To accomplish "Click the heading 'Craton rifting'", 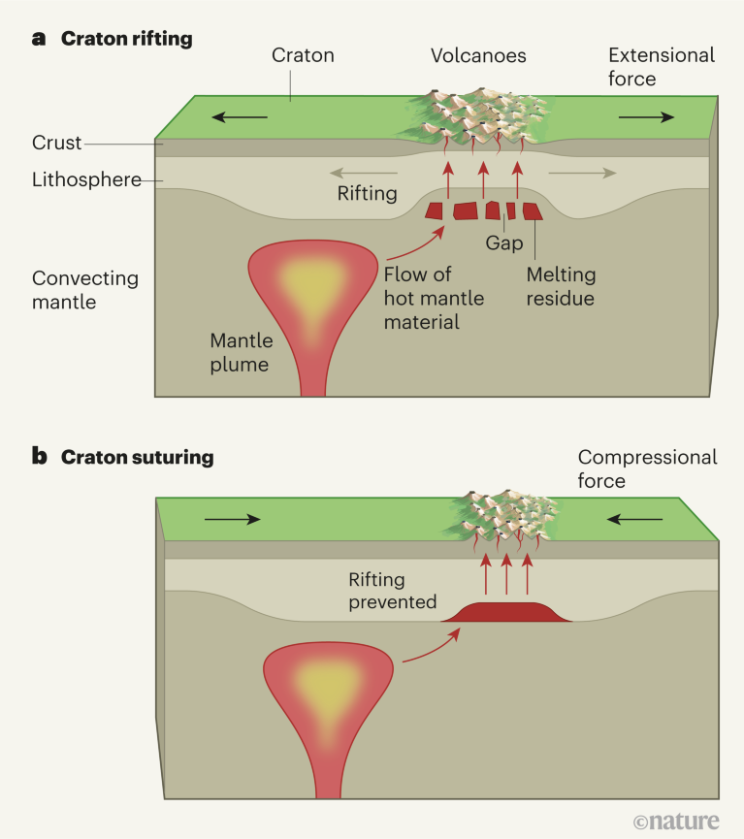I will point(126,39).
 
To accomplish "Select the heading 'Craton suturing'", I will point(137,456).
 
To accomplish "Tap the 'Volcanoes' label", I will point(478,55).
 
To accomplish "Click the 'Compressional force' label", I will point(647,468).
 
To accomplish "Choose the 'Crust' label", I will point(56,144).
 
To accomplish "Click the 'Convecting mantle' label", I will point(85,289).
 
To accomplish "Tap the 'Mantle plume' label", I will point(242,353).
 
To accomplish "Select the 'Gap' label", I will point(504,242).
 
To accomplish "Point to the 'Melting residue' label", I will point(560,287).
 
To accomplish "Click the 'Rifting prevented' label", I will point(393,591).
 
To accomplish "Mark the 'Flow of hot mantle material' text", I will point(423,298).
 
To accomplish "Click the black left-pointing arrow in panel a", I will point(241,117).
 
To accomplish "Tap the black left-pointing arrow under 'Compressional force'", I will point(634,519).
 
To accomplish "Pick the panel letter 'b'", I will point(40,456).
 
